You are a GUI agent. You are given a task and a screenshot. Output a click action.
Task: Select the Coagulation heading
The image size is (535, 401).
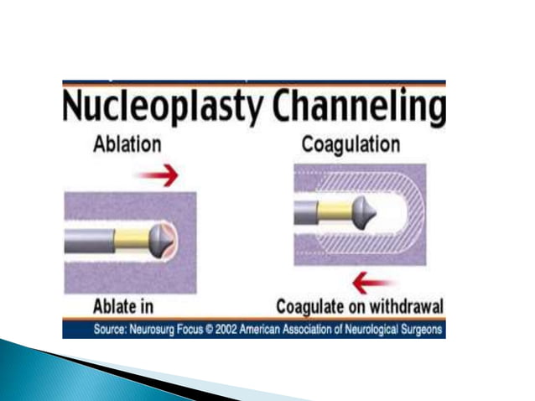(x=351, y=144)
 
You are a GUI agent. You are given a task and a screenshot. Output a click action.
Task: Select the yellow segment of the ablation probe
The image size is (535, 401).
(x=131, y=240)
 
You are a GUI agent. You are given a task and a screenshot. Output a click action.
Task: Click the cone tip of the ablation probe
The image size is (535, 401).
(x=162, y=240)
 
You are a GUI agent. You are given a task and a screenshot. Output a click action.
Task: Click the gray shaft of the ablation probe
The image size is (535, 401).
(x=88, y=240)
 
